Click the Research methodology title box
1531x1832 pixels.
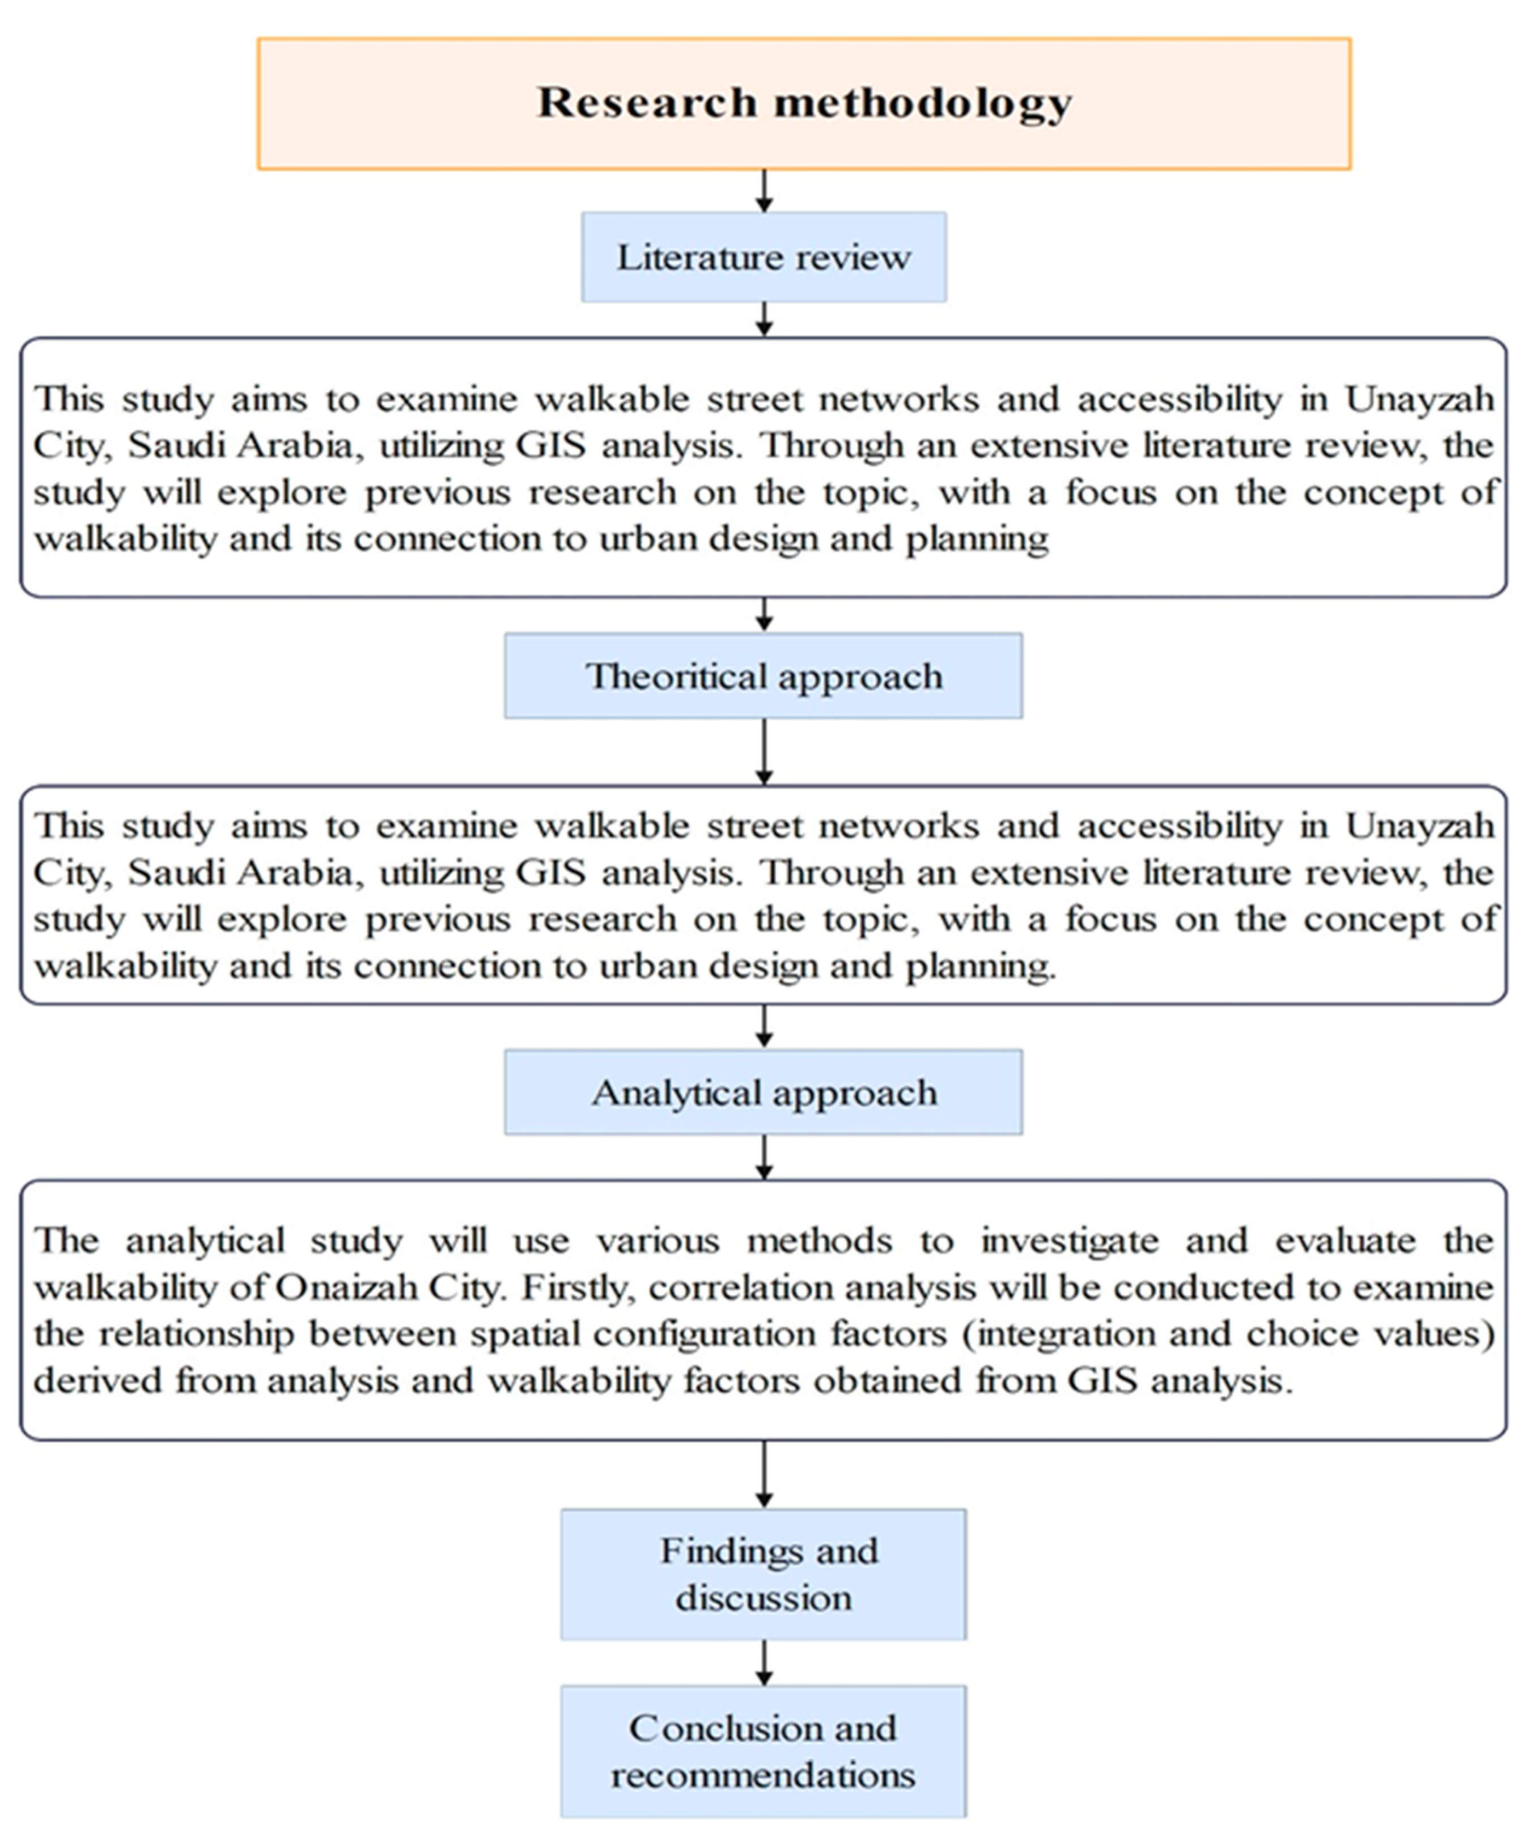pyautogui.click(x=803, y=103)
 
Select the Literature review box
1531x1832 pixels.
pyautogui.click(x=764, y=257)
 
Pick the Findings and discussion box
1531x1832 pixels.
pyautogui.click(x=764, y=1575)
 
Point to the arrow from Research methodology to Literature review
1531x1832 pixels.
pyautogui.click(x=764, y=191)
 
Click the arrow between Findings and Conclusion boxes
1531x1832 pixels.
pyautogui.click(x=764, y=1663)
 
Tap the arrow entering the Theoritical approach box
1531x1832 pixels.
pyautogui.click(x=764, y=615)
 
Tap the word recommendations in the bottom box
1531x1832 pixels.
pyautogui.click(x=764, y=1775)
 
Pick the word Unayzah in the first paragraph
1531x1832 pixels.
pyautogui.click(x=1419, y=399)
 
